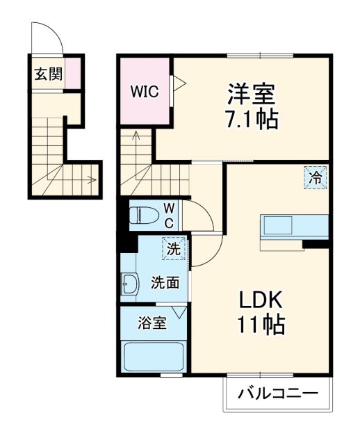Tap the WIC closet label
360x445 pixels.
point(145,90)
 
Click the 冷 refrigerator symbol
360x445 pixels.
point(315,177)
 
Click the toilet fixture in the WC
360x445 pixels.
point(145,215)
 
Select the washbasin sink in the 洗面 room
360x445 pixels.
point(130,283)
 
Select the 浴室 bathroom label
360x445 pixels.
point(151,323)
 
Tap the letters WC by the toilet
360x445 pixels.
point(169,216)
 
